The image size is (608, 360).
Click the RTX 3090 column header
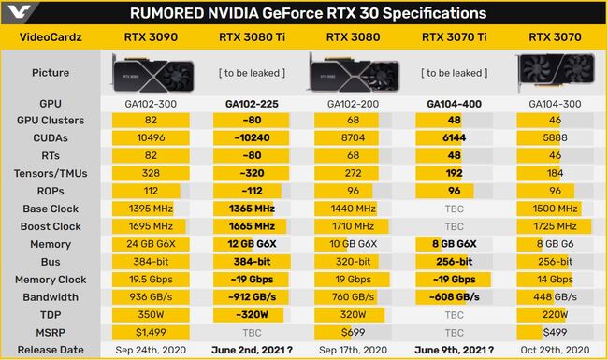pos(151,38)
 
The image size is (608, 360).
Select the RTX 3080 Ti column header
pos(252,38)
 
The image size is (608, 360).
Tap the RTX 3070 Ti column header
pos(454,38)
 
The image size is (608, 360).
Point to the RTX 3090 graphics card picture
pos(151,72)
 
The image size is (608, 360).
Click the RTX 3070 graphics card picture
pos(556,72)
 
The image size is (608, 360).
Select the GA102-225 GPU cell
pos(252,103)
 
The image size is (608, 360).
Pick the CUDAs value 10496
pos(151,138)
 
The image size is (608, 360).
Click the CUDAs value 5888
pos(556,138)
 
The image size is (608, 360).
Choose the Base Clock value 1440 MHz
pos(353,209)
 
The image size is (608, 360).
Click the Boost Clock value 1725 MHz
pos(556,226)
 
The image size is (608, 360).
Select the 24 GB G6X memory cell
pos(151,244)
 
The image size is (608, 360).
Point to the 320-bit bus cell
pos(353,262)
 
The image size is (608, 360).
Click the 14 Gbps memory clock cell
pos(556,280)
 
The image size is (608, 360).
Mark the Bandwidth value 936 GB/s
pos(151,297)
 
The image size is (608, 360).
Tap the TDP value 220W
pos(556,315)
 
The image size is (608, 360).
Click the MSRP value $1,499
pos(151,332)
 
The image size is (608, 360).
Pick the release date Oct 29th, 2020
pos(556,350)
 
